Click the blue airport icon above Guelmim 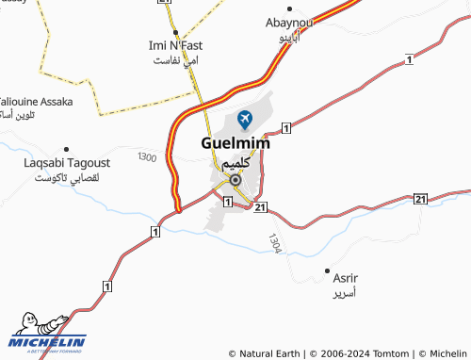(246, 119)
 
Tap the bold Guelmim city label (235, 144)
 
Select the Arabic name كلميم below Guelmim (235, 164)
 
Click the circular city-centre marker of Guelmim (235, 179)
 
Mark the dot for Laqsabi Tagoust (66, 149)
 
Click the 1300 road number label (147, 156)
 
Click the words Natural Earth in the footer (270, 353)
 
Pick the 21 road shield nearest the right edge (420, 199)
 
